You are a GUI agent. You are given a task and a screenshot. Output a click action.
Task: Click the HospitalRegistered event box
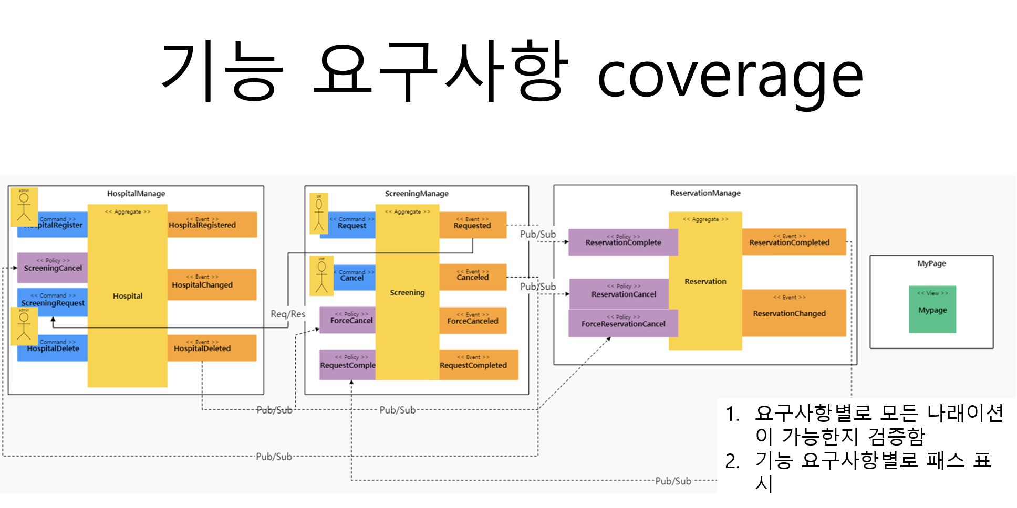pos(212,224)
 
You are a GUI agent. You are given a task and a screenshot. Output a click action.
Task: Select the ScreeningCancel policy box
pos(52,267)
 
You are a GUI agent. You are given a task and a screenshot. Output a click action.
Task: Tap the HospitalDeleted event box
pos(212,347)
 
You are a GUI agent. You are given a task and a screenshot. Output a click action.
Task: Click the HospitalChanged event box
pos(212,284)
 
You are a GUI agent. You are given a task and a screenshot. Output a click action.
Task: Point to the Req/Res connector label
pos(288,314)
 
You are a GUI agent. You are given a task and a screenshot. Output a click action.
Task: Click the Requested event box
pos(472,225)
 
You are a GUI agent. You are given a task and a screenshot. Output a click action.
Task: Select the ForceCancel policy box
pos(347,320)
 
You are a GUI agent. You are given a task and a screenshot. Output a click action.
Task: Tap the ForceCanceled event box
pos(472,320)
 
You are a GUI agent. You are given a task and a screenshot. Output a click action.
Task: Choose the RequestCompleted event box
pos(478,364)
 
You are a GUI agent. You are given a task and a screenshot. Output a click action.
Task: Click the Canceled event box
pos(472,277)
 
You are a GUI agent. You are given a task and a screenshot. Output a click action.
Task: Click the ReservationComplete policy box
pos(622,242)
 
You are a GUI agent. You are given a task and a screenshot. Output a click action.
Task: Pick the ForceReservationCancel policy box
pos(622,323)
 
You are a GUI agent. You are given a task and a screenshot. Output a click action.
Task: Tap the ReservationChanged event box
pos(793,313)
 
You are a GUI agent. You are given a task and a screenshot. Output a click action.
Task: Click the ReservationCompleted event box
pos(793,241)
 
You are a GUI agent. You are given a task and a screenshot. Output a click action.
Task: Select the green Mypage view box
pos(932,309)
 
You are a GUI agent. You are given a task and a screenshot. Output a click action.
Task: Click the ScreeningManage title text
pos(417,194)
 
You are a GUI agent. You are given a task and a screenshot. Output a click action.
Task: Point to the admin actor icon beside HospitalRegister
pos(24,207)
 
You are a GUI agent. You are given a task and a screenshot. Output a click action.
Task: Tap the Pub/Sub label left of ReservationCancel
pos(538,287)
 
